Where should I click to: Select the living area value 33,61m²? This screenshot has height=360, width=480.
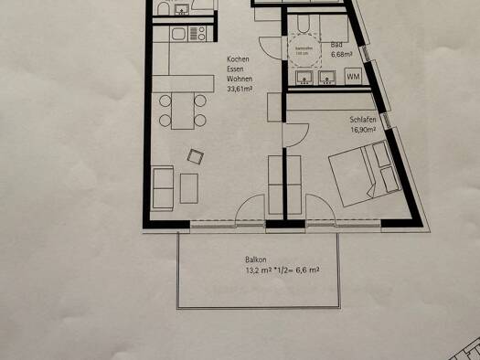pyautogui.click(x=242, y=89)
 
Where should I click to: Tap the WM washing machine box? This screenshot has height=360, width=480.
pyautogui.click(x=353, y=77)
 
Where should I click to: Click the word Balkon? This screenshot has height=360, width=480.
pyautogui.click(x=255, y=260)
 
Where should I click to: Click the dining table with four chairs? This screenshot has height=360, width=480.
pyautogui.click(x=177, y=110)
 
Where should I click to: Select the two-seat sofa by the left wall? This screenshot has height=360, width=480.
pyautogui.click(x=165, y=187)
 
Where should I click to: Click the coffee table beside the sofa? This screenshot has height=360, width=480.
pyautogui.click(x=188, y=186)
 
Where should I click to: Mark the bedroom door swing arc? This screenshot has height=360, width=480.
pyautogui.click(x=294, y=135)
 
